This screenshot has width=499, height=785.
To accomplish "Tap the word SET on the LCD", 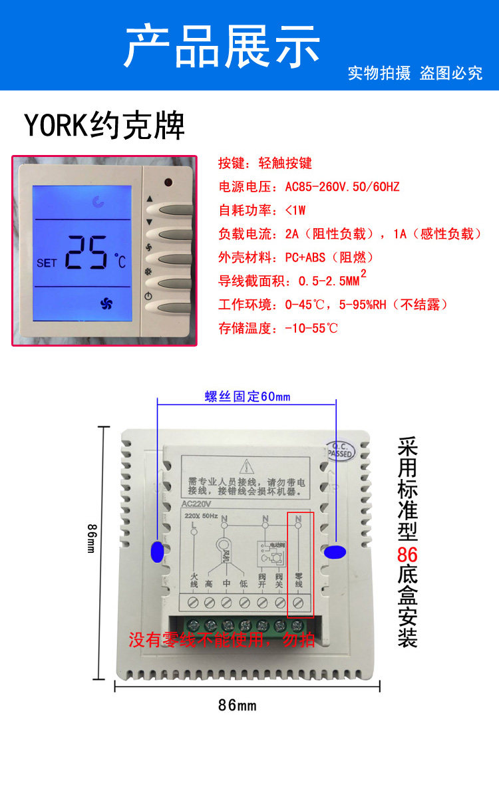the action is [x=47, y=263].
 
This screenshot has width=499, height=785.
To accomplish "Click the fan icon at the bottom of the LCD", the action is [x=106, y=304].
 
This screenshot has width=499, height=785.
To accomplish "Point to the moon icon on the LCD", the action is [x=98, y=200].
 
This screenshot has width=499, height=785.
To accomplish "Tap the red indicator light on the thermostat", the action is [x=167, y=182].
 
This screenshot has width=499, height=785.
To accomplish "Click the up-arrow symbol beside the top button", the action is [x=149, y=198].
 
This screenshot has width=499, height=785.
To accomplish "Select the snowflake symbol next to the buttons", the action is [x=149, y=271].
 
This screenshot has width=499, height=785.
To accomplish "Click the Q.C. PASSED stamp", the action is [x=341, y=450].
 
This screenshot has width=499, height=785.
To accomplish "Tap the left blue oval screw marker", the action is [x=158, y=551].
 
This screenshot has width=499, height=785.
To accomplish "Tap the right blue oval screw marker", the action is [x=334, y=551].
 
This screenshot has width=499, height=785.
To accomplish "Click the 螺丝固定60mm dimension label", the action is [x=248, y=397].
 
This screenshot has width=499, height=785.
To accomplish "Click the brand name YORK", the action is [x=56, y=124].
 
